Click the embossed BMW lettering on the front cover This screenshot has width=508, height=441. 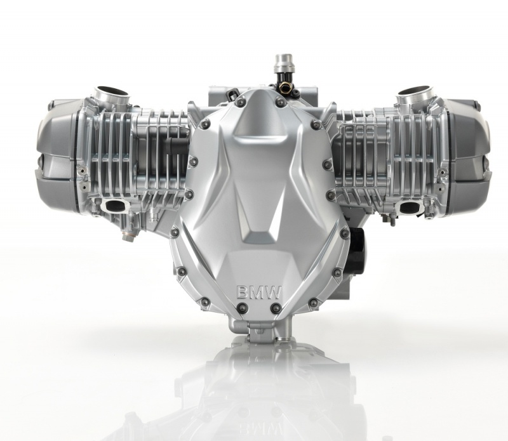pyautogui.click(x=259, y=293)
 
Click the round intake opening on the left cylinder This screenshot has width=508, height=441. pyautogui.click(x=112, y=91)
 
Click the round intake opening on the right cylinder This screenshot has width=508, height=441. pyautogui.click(x=413, y=91)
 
